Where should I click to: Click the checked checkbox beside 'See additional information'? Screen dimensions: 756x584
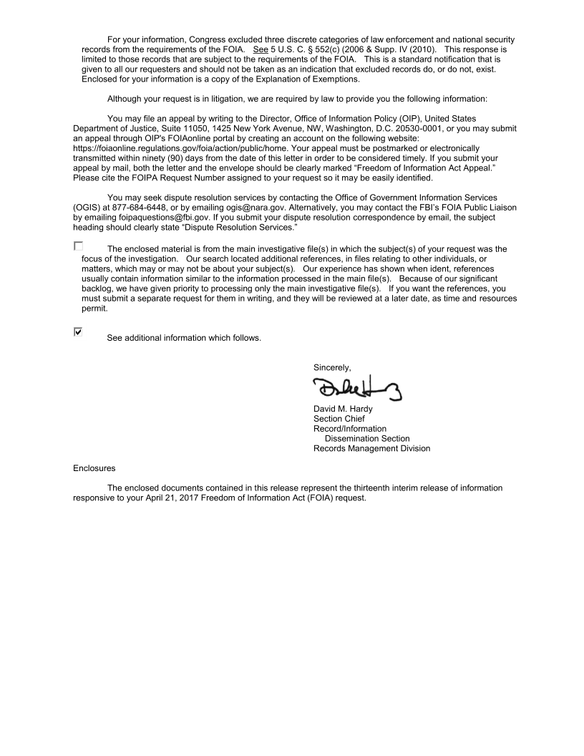click(x=78, y=332)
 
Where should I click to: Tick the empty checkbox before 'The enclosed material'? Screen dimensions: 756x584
click(x=78, y=246)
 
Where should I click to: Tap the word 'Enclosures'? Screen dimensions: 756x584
click(x=95, y=467)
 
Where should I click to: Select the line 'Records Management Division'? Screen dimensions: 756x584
click(x=371, y=449)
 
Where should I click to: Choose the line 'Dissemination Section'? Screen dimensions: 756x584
click(x=367, y=439)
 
